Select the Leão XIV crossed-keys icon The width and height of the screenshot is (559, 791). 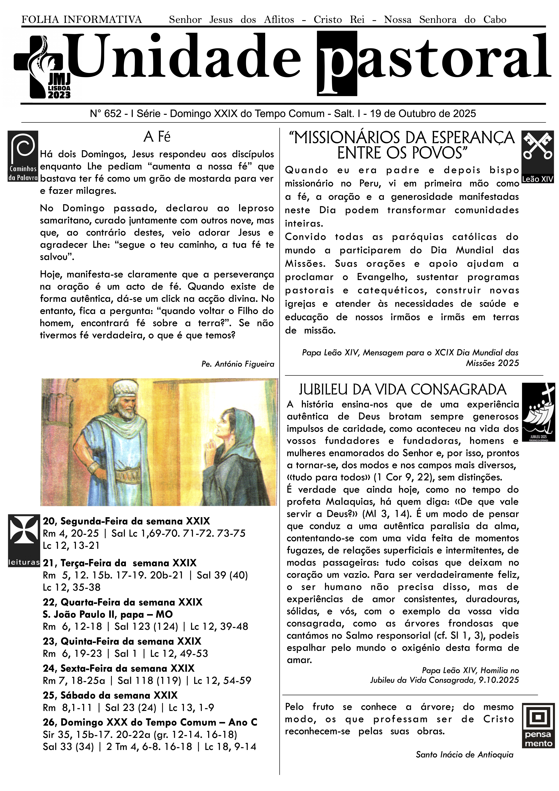[x=537, y=157]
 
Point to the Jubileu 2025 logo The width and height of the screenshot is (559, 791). [x=538, y=412]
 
